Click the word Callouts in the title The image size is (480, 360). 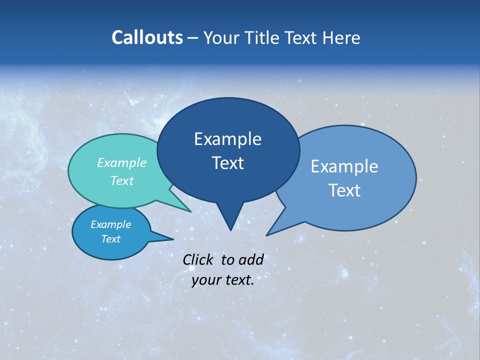pos(147,37)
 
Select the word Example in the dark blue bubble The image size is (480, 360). pos(227,138)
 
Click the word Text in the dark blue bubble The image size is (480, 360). pos(227,163)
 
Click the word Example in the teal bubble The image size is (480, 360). pos(122,163)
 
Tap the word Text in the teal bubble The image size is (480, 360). pos(122,181)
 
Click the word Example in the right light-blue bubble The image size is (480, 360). pos(344,166)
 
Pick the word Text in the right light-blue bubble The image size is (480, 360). pos(344,190)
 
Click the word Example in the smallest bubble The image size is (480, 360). pos(110,224)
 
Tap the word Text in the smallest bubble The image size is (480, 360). pos(110,239)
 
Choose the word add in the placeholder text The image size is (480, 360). pos(251,259)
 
